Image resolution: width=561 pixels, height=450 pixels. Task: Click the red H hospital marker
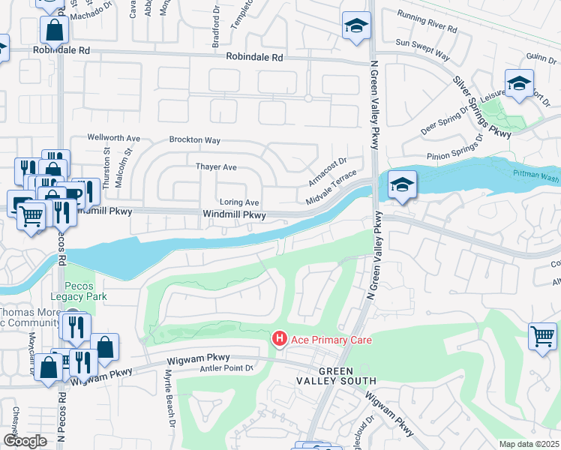(279, 340)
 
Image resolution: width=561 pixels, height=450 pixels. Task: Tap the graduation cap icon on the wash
(402, 185)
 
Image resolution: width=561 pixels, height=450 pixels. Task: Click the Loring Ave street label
(239, 202)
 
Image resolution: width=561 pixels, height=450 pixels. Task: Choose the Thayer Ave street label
(216, 166)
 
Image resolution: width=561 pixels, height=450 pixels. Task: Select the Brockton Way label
(194, 140)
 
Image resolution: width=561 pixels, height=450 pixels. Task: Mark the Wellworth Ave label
(114, 138)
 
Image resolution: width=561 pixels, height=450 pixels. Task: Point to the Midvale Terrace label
(331, 188)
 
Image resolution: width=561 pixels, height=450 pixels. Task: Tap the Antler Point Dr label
(229, 367)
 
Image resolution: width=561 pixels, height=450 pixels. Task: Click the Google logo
(25, 441)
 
